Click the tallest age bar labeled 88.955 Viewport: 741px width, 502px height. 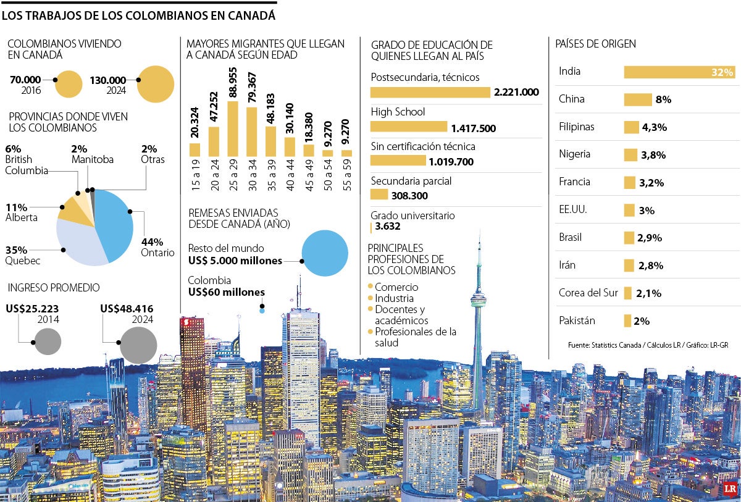tap(233, 128)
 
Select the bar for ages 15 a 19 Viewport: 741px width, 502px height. tap(195, 149)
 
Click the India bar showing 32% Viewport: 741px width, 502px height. tap(679, 72)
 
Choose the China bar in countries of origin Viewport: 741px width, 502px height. tap(638, 99)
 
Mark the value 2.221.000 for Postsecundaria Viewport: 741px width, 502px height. tap(516, 93)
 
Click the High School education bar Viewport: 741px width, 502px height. tap(408, 127)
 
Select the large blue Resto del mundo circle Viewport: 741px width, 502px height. tap(325, 253)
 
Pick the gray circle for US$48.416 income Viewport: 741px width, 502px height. tap(138, 345)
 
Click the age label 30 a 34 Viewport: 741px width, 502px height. tap(252, 175)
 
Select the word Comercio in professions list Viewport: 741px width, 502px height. tap(396, 287)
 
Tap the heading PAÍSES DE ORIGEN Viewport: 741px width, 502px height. tap(595, 44)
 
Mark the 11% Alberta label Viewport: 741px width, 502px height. tap(21, 212)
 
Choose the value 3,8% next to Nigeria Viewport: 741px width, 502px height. tap(653, 155)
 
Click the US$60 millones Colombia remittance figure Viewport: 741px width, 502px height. tap(226, 292)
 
